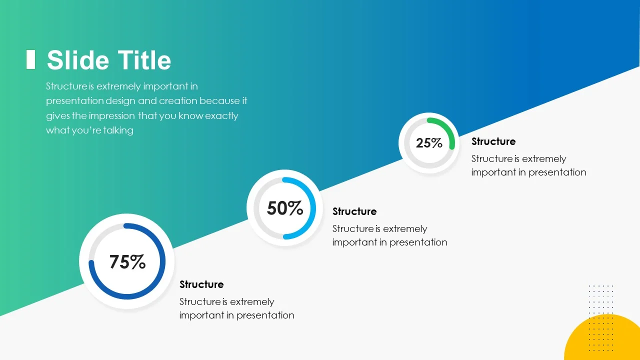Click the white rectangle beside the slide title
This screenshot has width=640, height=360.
pos(30,59)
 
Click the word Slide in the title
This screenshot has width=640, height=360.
pos(78,60)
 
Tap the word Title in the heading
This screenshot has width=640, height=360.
pos(144,60)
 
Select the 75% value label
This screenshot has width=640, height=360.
pos(127,261)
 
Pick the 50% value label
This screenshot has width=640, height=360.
pos(285,208)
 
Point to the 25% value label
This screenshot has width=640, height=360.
pos(429,143)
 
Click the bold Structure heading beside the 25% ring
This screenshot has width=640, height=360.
pos(493,141)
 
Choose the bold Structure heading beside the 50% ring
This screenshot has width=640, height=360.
pos(354,211)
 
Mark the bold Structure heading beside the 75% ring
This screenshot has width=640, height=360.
pos(201,284)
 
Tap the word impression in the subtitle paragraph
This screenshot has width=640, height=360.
pos(111,115)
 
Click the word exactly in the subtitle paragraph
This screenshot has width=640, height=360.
pos(221,116)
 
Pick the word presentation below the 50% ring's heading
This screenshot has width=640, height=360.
pos(418,242)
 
